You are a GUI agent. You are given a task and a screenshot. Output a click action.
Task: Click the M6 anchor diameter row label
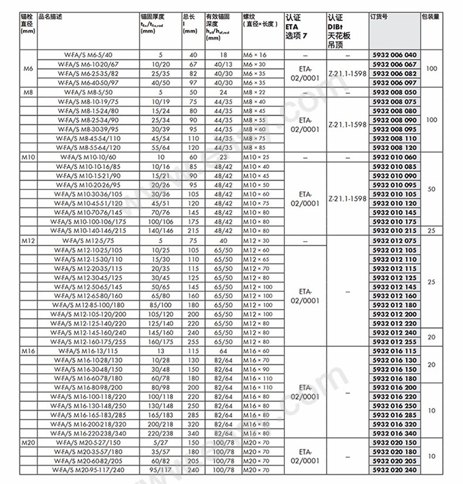28,69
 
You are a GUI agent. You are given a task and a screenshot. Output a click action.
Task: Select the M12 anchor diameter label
29,241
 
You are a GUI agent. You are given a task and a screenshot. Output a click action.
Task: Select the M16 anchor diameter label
29,350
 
